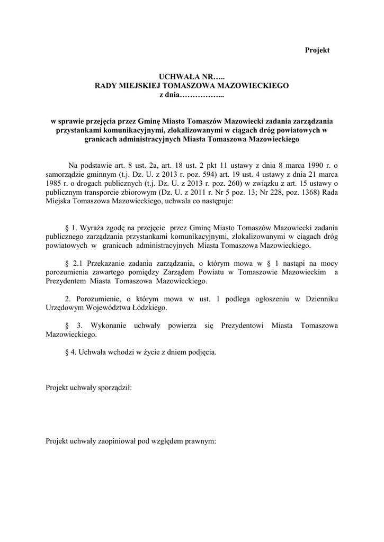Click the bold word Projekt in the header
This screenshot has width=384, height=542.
(317, 50)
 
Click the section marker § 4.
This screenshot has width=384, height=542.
(69, 351)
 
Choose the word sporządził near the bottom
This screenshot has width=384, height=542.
(114, 387)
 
